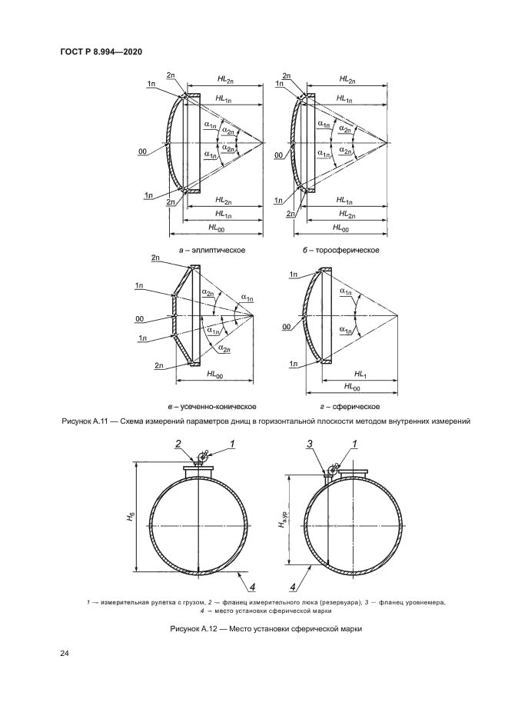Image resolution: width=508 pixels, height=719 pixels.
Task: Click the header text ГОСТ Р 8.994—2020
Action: [103, 52]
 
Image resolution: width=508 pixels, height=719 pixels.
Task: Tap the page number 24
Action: [65, 654]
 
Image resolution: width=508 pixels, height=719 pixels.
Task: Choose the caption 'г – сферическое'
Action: [350, 406]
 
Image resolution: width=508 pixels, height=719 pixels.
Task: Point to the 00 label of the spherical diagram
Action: [286, 326]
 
